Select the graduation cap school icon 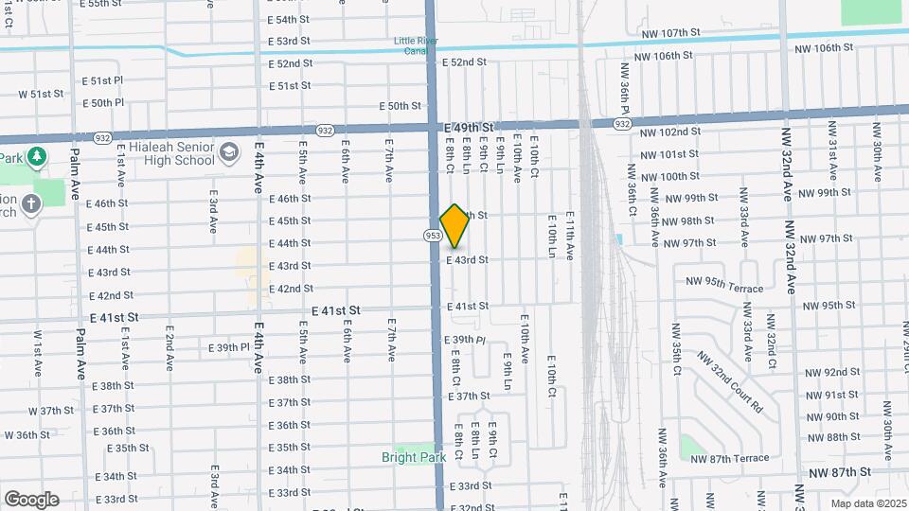pyautogui.click(x=229, y=152)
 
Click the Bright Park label pyautogui.click(x=414, y=457)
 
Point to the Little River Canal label pyautogui.click(x=418, y=46)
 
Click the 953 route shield pyautogui.click(x=433, y=235)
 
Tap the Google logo pyautogui.click(x=31, y=499)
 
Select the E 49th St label pyautogui.click(x=469, y=127)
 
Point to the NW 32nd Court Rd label pyautogui.click(x=730, y=382)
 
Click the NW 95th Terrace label pyautogui.click(x=727, y=283)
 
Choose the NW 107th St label pyautogui.click(x=668, y=32)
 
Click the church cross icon pyautogui.click(x=31, y=203)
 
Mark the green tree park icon pyautogui.click(x=38, y=156)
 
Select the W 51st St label pyautogui.click(x=41, y=95)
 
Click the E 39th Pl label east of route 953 pyautogui.click(x=465, y=339)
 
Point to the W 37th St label pyautogui.click(x=51, y=411)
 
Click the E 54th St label pyautogui.click(x=289, y=19)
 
